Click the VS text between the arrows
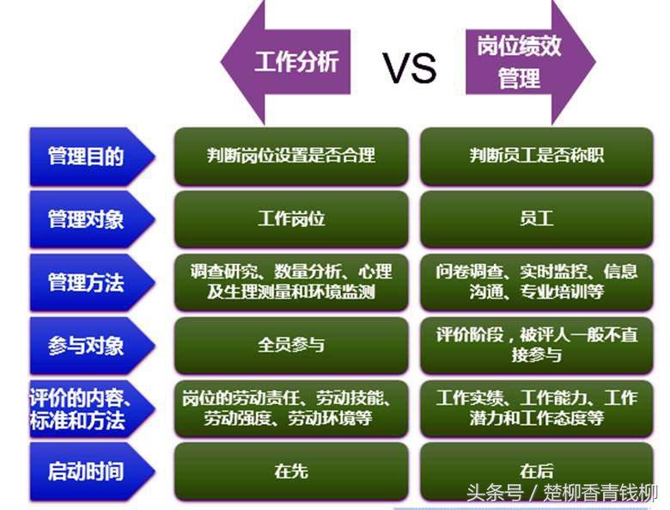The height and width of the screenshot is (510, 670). click(x=409, y=67)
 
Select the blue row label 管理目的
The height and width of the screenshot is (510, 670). click(x=86, y=157)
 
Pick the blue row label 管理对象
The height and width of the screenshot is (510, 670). click(x=86, y=218)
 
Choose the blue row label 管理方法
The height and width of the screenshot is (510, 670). click(x=86, y=282)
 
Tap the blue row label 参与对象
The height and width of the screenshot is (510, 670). click(x=86, y=346)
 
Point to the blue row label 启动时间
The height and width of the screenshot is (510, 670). click(x=86, y=471)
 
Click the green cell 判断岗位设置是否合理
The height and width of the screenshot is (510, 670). click(x=291, y=157)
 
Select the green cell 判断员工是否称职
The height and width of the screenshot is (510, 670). click(x=536, y=157)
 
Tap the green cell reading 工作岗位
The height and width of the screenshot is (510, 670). click(x=291, y=218)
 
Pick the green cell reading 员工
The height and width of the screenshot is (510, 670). click(x=536, y=218)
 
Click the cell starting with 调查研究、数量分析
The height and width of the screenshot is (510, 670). click(x=291, y=282)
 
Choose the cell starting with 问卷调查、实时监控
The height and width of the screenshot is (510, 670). click(x=536, y=282)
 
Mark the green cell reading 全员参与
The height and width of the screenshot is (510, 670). click(x=291, y=346)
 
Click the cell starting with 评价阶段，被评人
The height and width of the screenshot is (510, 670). click(x=536, y=345)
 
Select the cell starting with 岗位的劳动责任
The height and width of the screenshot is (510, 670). click(x=291, y=409)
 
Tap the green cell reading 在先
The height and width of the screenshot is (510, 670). click(x=291, y=471)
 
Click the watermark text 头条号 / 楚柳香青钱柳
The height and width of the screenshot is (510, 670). click(x=562, y=494)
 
